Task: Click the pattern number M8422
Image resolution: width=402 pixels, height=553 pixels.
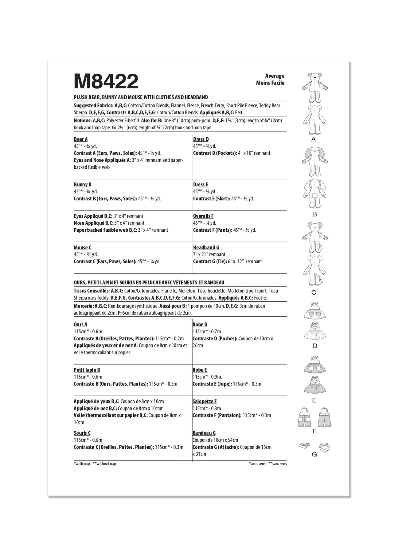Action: tap(106, 82)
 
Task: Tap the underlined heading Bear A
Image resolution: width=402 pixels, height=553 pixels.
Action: tap(80, 139)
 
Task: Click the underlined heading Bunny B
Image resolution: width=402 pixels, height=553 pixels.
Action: tap(82, 185)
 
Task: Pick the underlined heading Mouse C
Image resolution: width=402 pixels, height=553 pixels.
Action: tap(82, 248)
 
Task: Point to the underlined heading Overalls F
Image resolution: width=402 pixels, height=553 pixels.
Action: tap(203, 216)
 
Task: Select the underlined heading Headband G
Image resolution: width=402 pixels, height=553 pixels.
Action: tap(206, 248)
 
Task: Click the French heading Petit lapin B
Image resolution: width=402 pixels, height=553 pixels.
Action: tap(87, 370)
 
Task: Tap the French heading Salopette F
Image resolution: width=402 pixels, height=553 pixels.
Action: tap(205, 402)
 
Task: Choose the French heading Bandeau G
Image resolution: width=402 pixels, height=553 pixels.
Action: tap(204, 433)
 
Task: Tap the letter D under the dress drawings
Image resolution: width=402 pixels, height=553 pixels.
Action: tap(314, 346)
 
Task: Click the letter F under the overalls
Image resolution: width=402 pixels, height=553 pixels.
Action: tap(314, 432)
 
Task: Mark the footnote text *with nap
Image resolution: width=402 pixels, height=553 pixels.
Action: tap(82, 464)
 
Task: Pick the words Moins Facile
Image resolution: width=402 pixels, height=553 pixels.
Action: tap(270, 83)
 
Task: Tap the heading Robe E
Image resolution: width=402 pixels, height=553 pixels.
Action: tap(200, 370)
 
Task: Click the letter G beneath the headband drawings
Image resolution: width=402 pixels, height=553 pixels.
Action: tap(314, 454)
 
